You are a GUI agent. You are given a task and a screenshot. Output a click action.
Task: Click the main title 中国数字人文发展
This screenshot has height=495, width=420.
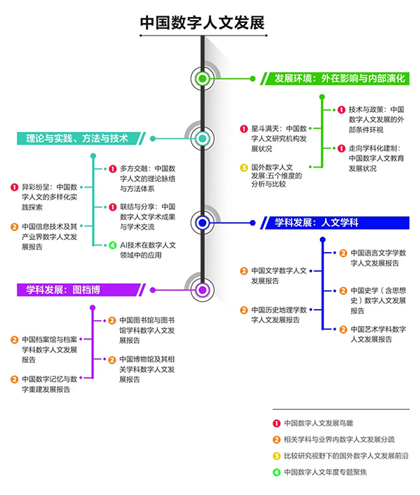point(202,23)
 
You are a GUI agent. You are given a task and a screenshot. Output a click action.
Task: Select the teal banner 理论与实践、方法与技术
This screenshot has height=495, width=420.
point(81,139)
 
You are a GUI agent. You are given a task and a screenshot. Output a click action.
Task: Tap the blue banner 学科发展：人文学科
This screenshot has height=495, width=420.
point(335,222)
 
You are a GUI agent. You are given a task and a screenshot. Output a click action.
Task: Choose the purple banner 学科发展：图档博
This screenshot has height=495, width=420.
point(81,290)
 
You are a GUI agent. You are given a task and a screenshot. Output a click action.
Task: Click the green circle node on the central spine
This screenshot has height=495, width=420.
point(202,79)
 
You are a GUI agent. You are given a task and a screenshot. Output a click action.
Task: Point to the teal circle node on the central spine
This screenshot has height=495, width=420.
point(202,139)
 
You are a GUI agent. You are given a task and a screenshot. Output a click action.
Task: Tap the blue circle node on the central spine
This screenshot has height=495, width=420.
point(202,223)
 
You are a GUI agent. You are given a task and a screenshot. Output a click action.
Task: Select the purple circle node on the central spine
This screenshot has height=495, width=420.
point(202,290)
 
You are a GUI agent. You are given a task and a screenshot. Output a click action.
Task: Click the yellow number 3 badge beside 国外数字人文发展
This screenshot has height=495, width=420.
point(244,167)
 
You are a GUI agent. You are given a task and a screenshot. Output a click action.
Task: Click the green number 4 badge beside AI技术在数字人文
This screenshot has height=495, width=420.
point(113,245)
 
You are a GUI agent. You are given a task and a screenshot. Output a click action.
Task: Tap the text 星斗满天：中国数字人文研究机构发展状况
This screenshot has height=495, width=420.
point(279,139)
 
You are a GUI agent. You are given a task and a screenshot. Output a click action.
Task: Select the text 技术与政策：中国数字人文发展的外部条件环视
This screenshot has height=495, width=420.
point(376,119)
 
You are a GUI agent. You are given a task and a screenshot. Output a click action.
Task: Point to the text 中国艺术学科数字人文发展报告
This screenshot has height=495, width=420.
point(379,334)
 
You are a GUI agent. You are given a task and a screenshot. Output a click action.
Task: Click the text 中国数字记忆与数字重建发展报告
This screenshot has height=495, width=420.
point(50,384)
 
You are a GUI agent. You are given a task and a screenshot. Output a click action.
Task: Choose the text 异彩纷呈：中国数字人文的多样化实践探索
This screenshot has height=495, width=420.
point(50,197)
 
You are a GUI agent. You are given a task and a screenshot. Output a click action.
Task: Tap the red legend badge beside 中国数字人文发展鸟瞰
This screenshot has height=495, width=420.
point(276,423)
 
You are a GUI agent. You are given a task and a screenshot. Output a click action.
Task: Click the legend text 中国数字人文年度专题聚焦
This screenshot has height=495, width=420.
point(325,472)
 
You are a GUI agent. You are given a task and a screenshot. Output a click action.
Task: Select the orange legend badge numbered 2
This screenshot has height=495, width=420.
point(276,439)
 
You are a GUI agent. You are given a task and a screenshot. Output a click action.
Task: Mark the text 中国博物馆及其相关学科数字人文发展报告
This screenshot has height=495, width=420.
point(147,369)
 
